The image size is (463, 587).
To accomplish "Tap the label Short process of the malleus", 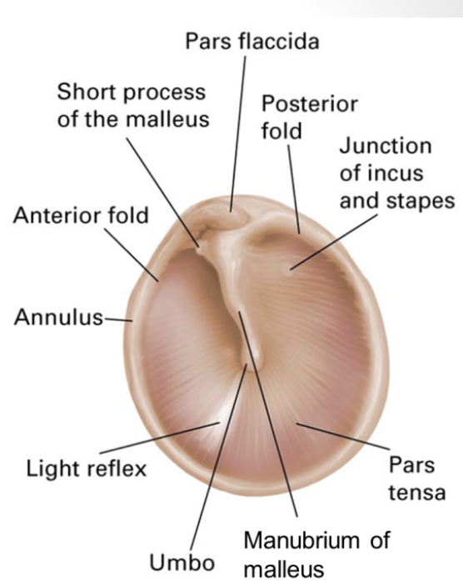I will click(132, 103).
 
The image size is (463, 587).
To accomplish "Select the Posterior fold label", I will click(309, 118).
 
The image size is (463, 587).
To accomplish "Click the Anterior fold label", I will click(81, 216).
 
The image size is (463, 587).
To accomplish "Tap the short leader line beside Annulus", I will click(121, 318).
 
